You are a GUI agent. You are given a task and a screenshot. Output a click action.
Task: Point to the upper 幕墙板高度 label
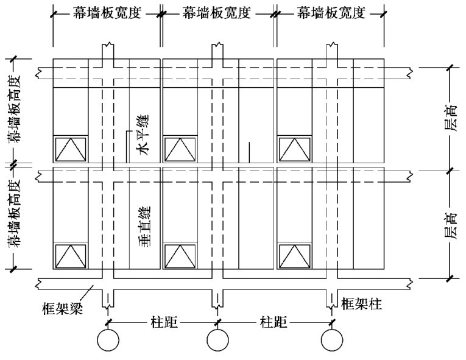13,110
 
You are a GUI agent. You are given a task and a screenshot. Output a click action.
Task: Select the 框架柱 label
362,303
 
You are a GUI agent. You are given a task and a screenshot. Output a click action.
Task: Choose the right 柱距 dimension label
274,321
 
